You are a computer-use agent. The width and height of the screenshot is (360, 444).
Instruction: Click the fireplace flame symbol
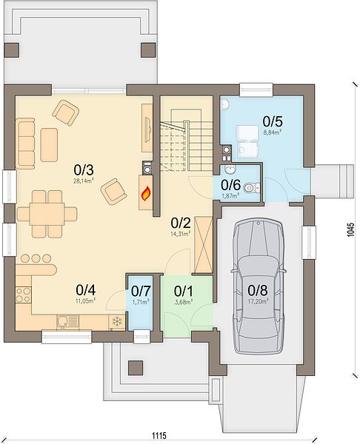coord(146,194)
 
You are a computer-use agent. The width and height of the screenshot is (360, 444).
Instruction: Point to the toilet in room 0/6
coord(251,187)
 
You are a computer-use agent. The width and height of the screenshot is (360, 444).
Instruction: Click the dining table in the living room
coord(47,214)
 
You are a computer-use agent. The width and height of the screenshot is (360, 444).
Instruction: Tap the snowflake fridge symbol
coord(116,321)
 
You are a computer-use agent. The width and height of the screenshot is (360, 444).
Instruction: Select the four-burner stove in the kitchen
coord(24,295)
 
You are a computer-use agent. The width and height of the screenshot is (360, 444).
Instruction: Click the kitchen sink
coord(67,321)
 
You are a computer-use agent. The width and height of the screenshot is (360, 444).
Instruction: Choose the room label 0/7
coord(141,291)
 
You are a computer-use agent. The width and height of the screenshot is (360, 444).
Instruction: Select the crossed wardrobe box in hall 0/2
coord(204,244)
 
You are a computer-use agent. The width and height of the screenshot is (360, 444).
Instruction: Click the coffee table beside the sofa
coord(49,145)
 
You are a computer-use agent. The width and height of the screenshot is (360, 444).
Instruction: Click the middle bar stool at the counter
coord(36,258)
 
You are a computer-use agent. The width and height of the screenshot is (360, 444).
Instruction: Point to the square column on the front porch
coord(136,368)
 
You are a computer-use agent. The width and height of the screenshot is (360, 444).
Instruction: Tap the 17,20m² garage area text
coord(258,301)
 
